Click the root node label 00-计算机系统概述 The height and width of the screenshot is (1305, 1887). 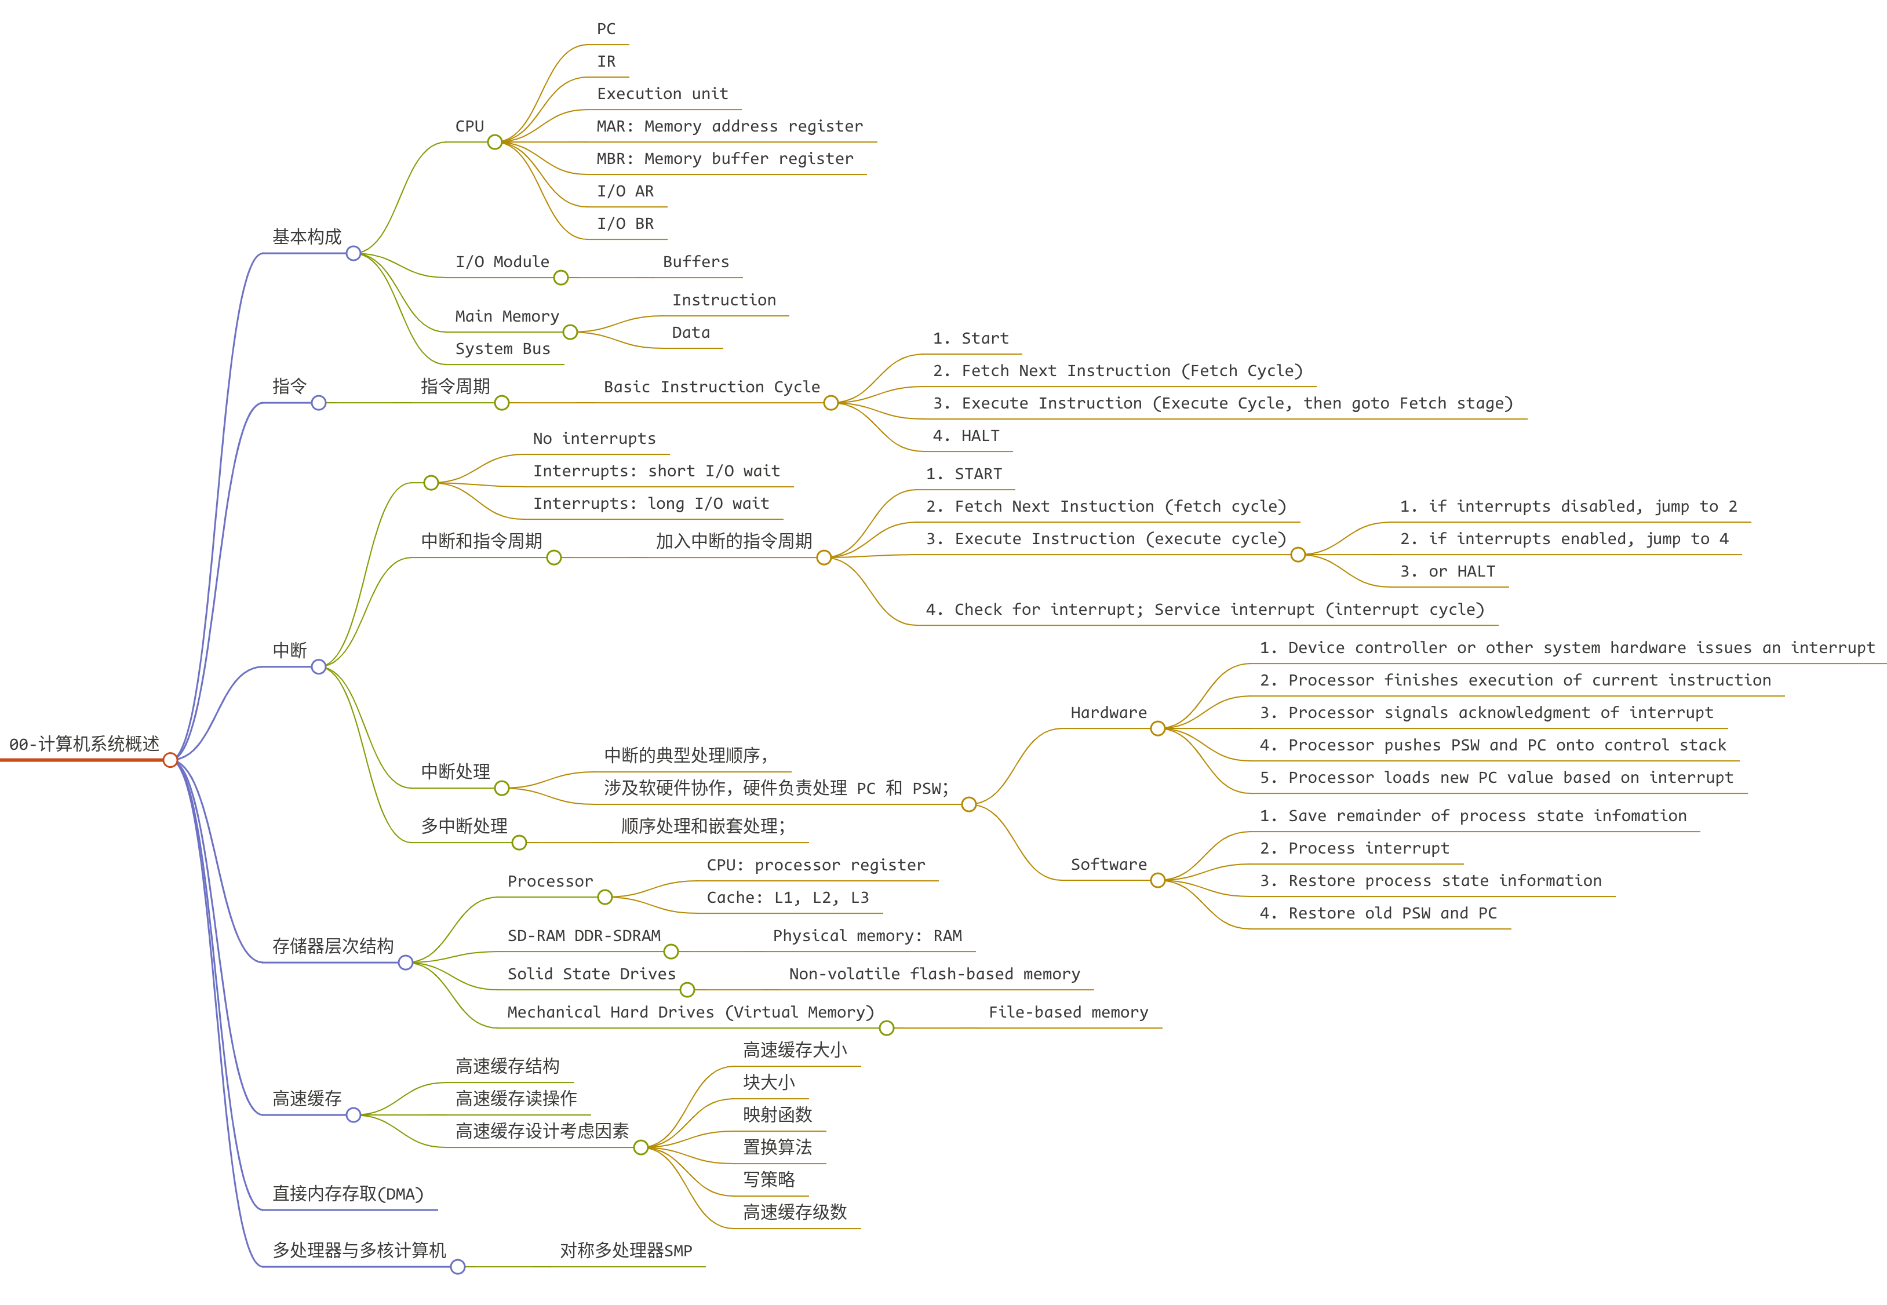point(84,744)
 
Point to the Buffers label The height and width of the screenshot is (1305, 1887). point(696,263)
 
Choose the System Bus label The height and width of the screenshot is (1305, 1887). point(502,349)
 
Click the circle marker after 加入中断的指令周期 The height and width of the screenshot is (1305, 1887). point(824,557)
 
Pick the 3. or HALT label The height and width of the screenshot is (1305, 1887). point(1447,571)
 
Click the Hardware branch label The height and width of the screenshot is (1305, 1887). point(1109,713)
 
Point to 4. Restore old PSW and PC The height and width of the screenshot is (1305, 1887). point(1379,913)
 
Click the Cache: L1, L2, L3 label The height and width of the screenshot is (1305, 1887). point(788,898)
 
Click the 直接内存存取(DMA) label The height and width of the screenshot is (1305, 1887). point(348,1194)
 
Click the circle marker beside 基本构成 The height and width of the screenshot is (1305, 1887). point(353,253)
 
